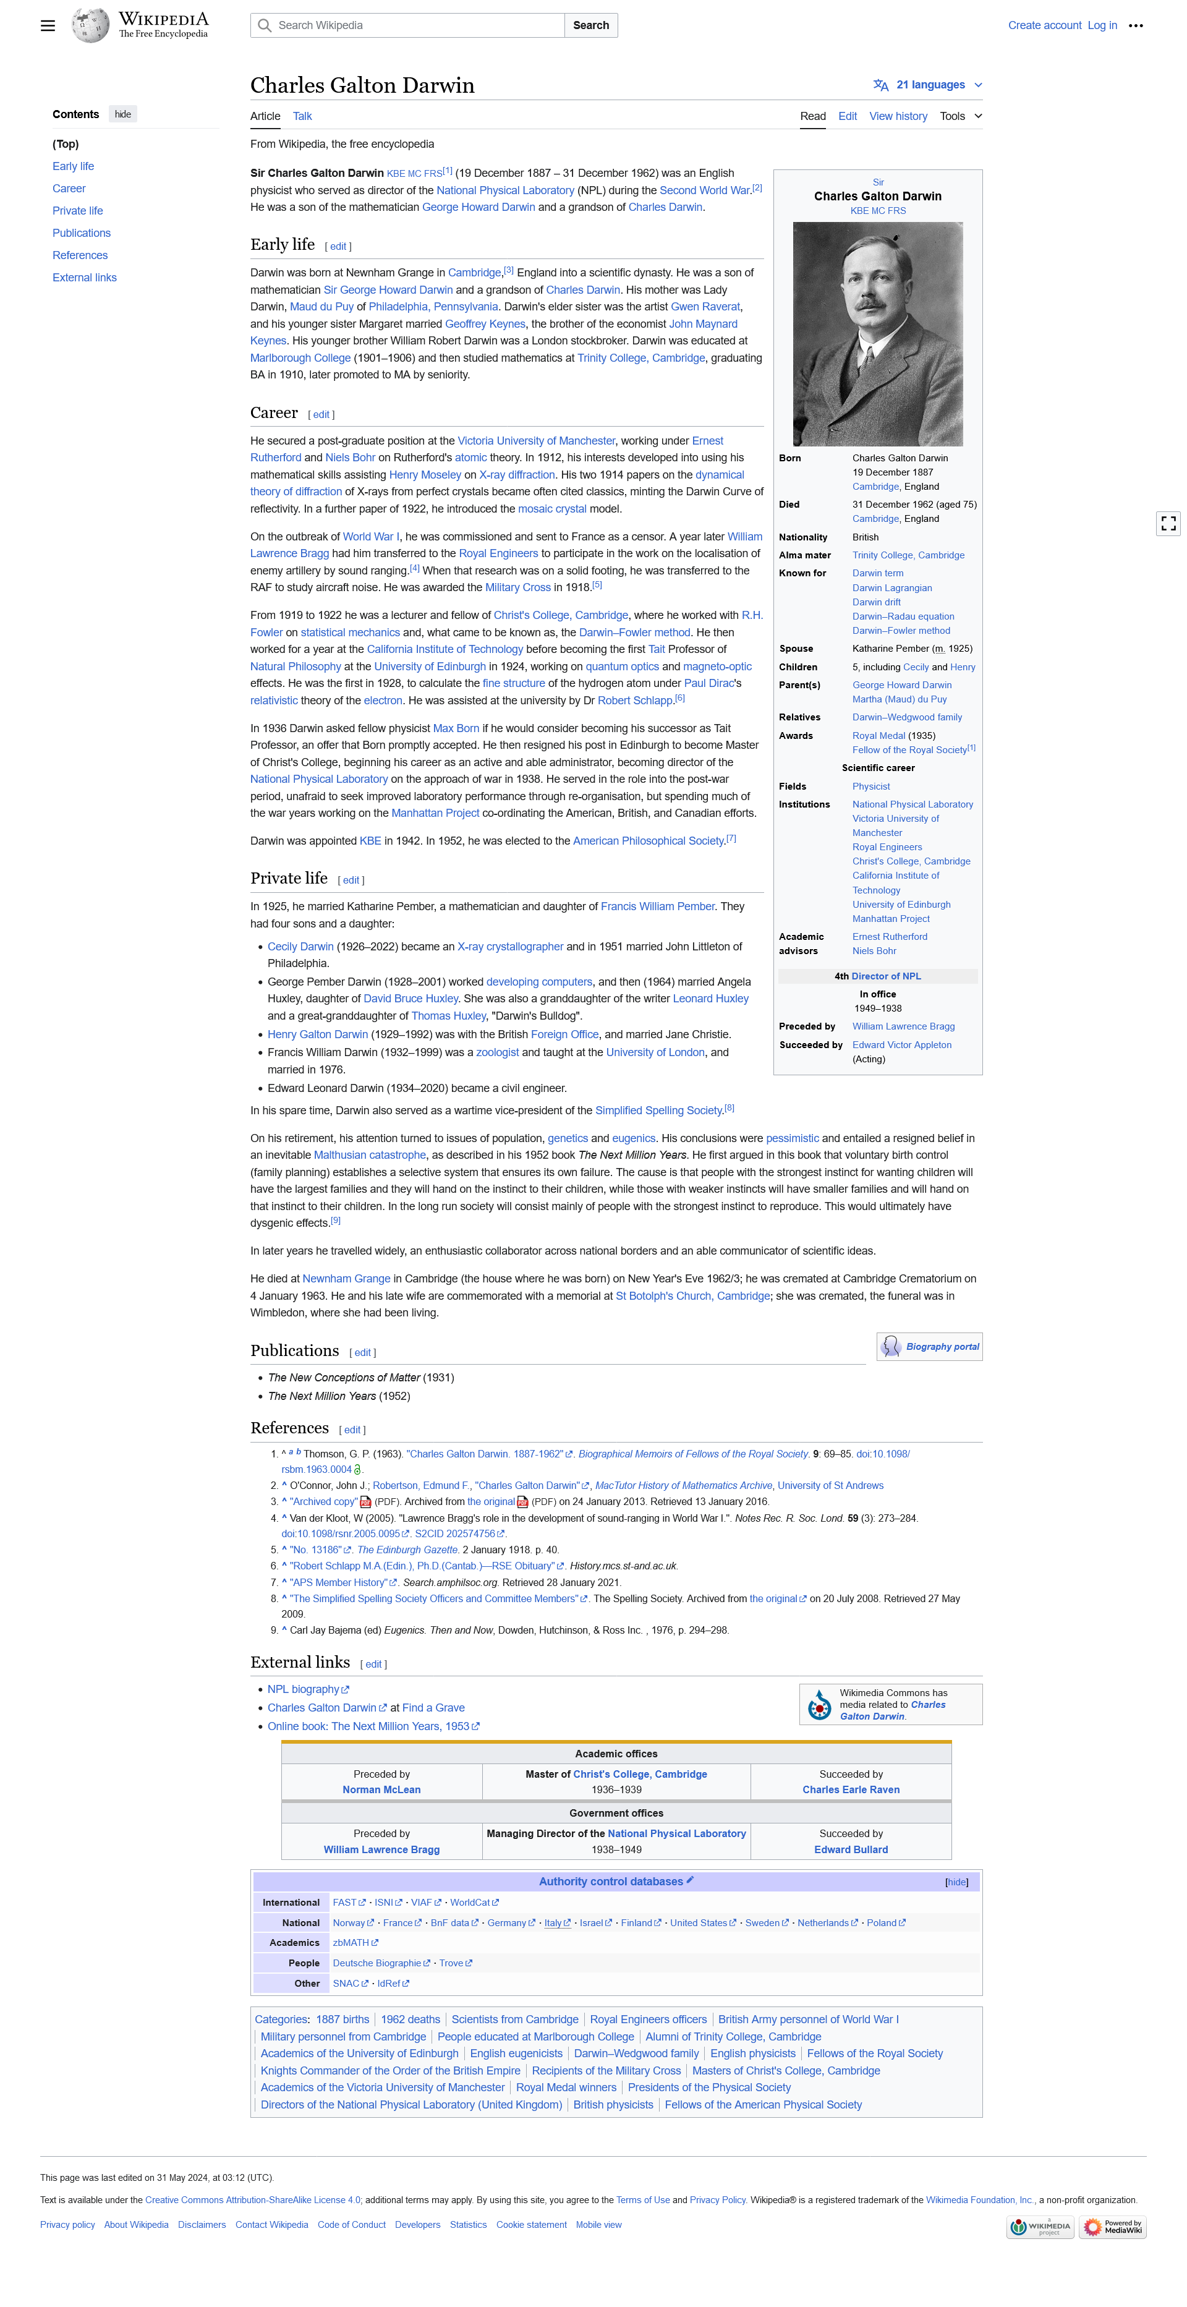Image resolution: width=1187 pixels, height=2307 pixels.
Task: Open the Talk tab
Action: [302, 116]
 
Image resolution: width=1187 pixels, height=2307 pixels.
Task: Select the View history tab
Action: [898, 116]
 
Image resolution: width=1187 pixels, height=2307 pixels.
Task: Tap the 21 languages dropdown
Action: [929, 85]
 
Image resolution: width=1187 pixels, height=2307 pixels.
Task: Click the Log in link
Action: [1101, 25]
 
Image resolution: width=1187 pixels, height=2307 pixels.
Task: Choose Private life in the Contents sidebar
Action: [77, 210]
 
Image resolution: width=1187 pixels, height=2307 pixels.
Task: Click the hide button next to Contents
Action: [122, 114]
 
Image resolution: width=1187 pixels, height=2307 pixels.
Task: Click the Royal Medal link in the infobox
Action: [878, 735]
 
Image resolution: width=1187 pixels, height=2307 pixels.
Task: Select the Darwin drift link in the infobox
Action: [875, 602]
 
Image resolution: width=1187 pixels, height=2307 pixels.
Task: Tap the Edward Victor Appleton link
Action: [901, 1044]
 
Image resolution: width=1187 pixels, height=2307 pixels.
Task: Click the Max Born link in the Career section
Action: [456, 728]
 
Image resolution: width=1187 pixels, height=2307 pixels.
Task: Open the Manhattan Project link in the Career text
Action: [435, 813]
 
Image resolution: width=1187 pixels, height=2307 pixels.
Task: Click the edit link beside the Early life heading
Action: [338, 246]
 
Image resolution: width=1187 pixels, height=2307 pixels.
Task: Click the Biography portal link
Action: [942, 1347]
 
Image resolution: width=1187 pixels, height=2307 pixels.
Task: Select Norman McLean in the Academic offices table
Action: [381, 1789]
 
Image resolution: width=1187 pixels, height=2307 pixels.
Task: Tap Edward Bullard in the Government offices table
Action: [851, 1849]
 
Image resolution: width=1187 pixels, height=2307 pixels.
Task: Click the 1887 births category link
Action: [342, 2019]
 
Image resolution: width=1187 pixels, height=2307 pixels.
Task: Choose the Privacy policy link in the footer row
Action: [67, 2225]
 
